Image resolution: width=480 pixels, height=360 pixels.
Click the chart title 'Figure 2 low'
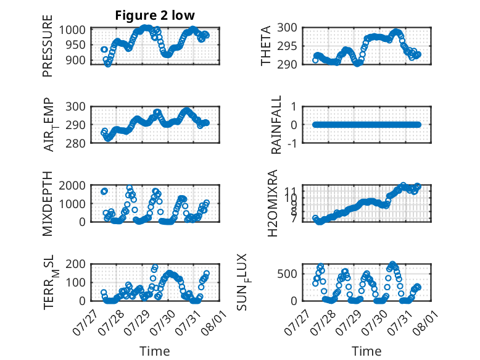pos(155,15)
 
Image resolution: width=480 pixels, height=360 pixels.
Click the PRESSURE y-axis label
pos(48,46)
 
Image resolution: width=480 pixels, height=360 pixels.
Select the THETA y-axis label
pos(266,46)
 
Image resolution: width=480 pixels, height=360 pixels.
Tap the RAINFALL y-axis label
pos(276,125)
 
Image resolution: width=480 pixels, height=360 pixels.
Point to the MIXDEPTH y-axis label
pos(48,203)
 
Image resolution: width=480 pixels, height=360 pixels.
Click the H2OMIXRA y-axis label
pos(273,203)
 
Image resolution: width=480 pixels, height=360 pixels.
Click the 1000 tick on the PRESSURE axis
pos(72,30)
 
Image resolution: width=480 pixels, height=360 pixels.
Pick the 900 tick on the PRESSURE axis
pos(76,61)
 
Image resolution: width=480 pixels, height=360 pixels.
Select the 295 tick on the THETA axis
pos(287,46)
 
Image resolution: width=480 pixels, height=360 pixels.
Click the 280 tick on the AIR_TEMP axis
pos(75,143)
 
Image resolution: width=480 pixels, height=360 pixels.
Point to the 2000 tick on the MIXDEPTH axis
pos(72,185)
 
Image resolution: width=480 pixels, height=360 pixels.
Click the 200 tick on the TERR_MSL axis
pos(75,264)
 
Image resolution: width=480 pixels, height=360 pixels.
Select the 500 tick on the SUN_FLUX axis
pos(287,274)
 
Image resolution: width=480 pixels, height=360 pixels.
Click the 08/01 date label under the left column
pos(214,322)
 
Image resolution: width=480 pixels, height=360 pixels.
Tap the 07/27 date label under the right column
pos(296,322)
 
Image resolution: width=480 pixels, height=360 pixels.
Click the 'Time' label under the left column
pos(155,351)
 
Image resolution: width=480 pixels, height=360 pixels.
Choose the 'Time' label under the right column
pos(366,351)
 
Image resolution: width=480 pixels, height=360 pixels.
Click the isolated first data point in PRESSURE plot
pos(104,49)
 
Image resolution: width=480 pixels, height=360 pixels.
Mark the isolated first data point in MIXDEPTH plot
pos(104,191)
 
